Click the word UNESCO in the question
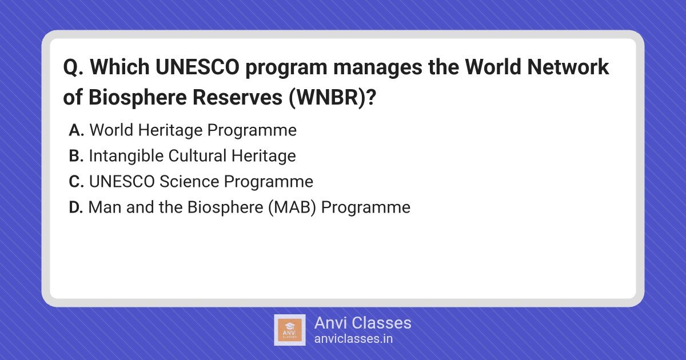click(197, 67)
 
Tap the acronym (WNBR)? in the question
click(332, 97)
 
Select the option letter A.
click(76, 130)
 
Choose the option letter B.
click(76, 156)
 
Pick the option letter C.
click(76, 182)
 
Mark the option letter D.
click(76, 207)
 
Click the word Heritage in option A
click(170, 130)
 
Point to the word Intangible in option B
click(126, 156)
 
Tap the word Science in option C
click(189, 182)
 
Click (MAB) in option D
click(292, 207)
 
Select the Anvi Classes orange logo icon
click(290, 330)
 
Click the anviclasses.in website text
click(353, 339)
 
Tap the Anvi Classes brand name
click(362, 323)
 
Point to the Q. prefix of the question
click(73, 67)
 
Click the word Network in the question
click(568, 67)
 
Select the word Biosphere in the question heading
click(138, 98)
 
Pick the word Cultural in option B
click(197, 156)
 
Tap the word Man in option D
click(105, 207)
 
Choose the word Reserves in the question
click(237, 97)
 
